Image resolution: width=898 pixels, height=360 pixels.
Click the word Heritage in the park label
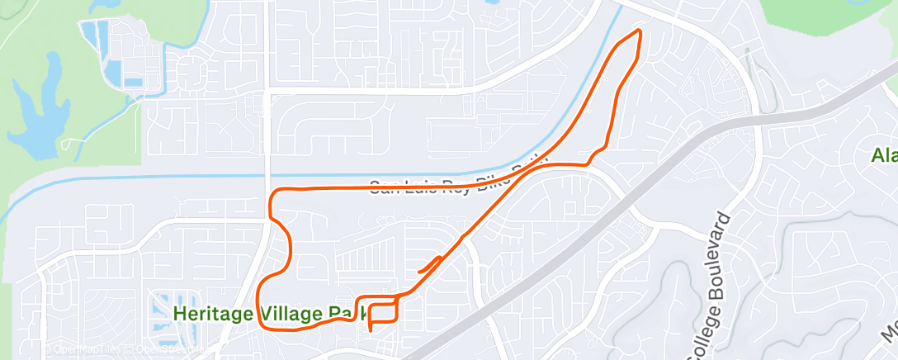[x=206, y=314]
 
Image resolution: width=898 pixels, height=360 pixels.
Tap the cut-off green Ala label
[x=884, y=154]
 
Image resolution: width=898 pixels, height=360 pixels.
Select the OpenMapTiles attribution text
[x=83, y=349]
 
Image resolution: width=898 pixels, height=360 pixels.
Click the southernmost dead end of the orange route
[x=370, y=329]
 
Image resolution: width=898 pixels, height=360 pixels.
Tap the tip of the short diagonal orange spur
[x=419, y=270]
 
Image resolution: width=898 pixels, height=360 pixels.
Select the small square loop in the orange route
[x=385, y=310]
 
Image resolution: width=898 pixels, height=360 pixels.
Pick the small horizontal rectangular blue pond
[x=132, y=83]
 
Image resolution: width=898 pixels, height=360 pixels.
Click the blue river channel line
[x=165, y=177]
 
